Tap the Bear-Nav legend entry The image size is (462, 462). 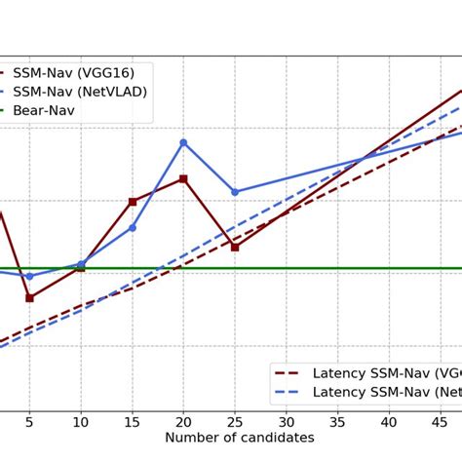click(43, 111)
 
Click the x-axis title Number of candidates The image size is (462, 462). click(240, 439)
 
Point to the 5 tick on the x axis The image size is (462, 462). click(29, 421)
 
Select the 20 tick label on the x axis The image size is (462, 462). click(183, 421)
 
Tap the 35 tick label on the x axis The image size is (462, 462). click(337, 421)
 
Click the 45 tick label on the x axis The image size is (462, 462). click(440, 421)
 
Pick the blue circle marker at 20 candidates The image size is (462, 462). click(183, 142)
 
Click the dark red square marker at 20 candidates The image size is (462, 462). click(183, 179)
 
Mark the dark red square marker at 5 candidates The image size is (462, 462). click(29, 297)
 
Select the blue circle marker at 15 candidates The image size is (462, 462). click(133, 227)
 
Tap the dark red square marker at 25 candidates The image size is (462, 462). click(235, 247)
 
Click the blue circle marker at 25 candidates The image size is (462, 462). click(235, 192)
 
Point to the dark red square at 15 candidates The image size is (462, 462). click(133, 202)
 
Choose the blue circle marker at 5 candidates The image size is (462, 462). click(29, 276)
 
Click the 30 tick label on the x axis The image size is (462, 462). click(286, 421)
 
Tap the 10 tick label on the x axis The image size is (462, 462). click(81, 421)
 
